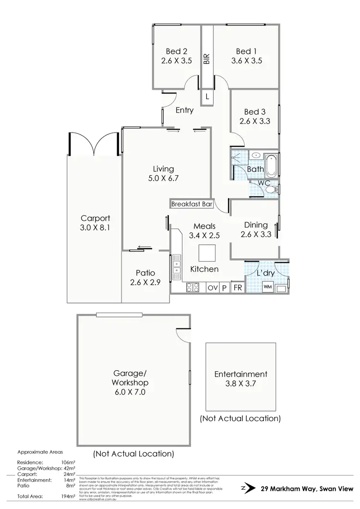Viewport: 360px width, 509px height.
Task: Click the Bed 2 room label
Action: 176,51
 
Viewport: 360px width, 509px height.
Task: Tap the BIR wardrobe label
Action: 207,59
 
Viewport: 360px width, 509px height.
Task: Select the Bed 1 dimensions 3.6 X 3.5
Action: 246,61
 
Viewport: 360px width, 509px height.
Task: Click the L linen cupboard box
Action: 207,96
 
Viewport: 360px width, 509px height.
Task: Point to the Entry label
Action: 184,110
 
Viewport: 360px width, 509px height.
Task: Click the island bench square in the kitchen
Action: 207,252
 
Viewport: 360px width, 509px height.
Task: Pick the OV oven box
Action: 212,288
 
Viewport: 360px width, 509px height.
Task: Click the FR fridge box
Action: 237,288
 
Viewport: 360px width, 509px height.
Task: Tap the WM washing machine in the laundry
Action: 268,287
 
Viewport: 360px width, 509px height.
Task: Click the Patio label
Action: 145,273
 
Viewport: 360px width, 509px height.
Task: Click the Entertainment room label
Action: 241,374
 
